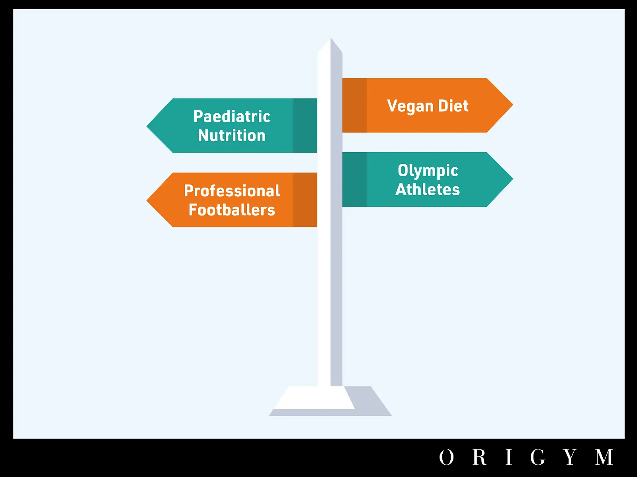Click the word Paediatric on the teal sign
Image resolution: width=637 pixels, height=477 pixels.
(232, 116)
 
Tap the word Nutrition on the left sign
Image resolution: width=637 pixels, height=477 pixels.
(232, 136)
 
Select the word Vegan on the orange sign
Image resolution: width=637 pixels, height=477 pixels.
(410, 106)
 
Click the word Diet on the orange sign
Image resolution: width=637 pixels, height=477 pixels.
(453, 106)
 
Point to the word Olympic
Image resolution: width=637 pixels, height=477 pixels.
(428, 171)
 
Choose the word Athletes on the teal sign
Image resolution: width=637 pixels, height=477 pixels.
(428, 190)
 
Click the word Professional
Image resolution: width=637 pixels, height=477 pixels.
(232, 191)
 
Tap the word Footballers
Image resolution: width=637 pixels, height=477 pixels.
(232, 210)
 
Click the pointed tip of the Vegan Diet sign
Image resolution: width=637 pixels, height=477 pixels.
(513, 105)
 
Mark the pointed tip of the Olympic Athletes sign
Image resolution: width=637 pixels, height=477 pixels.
(513, 179)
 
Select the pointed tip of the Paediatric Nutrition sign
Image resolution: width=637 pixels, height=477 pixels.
(147, 126)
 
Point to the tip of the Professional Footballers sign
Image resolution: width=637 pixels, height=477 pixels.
(147, 200)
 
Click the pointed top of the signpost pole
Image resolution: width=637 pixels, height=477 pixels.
(330, 38)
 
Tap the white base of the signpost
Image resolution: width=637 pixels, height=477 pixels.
(314, 398)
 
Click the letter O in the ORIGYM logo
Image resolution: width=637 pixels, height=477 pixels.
(446, 457)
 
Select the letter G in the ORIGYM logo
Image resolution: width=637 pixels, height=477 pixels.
(537, 457)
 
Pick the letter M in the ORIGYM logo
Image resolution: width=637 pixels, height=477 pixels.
(604, 457)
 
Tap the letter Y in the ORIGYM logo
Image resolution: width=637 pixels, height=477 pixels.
(570, 457)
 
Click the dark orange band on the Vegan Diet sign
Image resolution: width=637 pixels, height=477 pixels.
(354, 105)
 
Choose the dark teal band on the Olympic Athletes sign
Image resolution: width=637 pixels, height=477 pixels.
(354, 179)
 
